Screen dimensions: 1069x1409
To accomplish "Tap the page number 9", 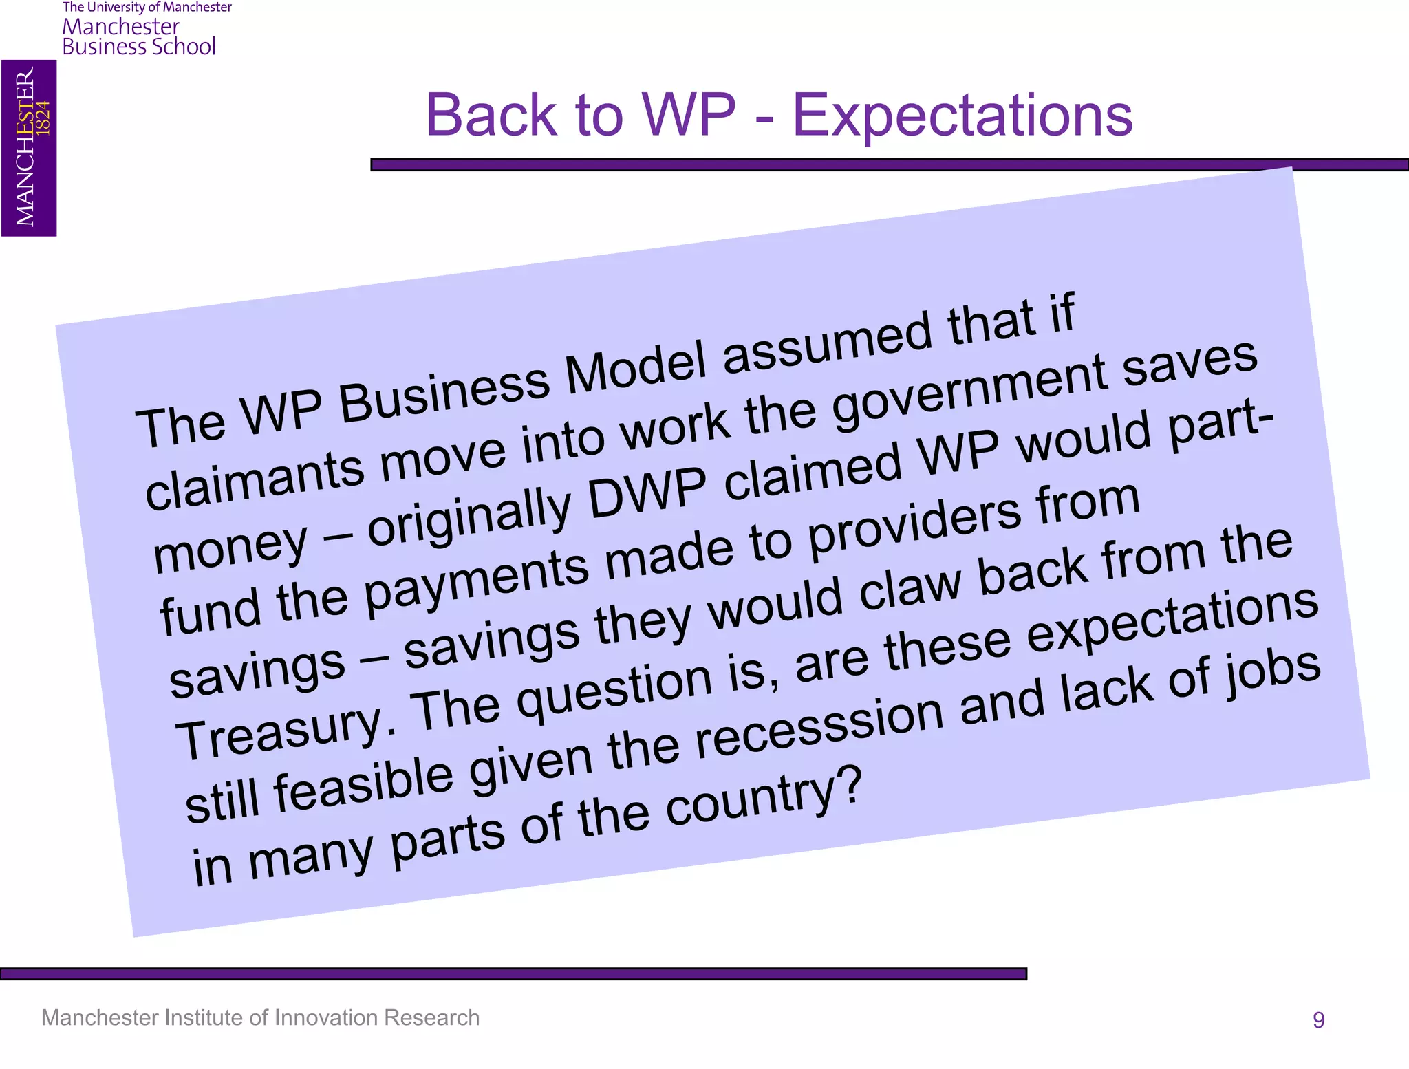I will pyautogui.click(x=1318, y=1019).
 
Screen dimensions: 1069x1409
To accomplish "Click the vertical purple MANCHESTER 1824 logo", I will pyautogui.click(x=29, y=148).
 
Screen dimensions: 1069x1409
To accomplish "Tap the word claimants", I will pyautogui.click(x=255, y=481).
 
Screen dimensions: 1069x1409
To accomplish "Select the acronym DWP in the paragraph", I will pyautogui.click(x=647, y=492).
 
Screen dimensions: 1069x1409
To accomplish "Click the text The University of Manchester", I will pyautogui.click(x=147, y=8).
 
